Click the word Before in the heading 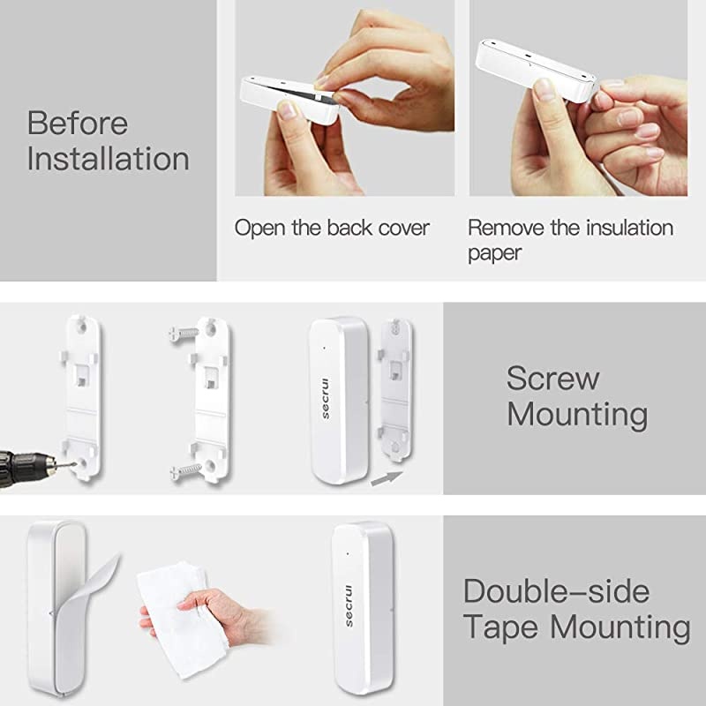click(78, 124)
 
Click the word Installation click(108, 160)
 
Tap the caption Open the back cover click(332, 228)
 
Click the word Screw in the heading click(553, 379)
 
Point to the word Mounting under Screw click(577, 414)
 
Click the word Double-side click(556, 591)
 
